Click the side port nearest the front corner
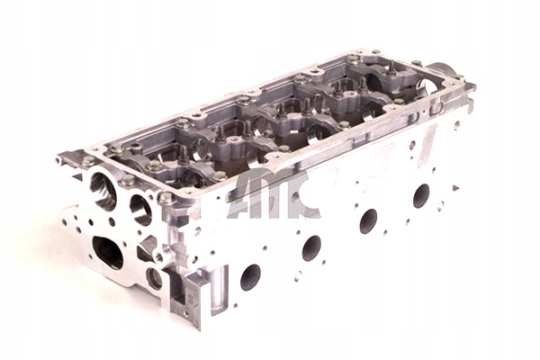point(250,275)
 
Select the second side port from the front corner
point(311,247)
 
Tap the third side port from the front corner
point(368,219)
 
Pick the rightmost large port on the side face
point(420,194)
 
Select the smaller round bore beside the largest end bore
point(140,209)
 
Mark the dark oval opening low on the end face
point(108,253)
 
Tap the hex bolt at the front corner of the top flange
point(166,197)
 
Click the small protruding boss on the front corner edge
point(161,256)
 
